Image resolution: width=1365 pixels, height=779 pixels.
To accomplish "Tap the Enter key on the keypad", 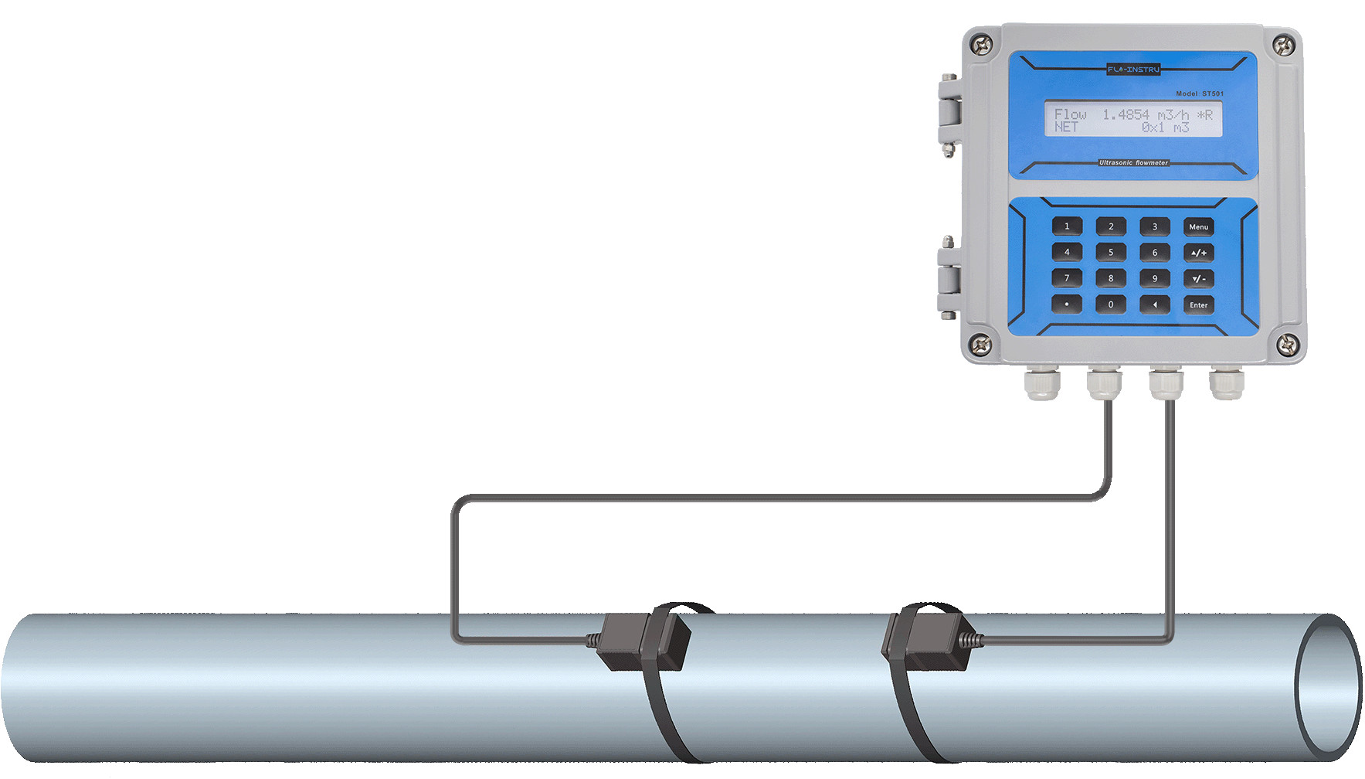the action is [1198, 304].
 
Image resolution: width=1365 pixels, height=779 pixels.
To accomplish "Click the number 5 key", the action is [1111, 252].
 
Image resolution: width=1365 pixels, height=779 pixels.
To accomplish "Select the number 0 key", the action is [1111, 304].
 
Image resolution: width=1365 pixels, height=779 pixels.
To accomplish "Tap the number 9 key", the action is [1155, 278].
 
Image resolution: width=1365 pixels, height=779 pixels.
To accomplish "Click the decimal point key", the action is [1067, 304].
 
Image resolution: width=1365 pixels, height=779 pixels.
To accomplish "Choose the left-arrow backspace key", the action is [1155, 304].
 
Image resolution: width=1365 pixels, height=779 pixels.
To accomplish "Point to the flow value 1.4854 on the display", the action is [1126, 114].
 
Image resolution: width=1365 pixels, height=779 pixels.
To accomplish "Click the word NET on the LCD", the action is [1066, 127].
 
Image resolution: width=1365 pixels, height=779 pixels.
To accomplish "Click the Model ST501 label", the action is [1199, 94].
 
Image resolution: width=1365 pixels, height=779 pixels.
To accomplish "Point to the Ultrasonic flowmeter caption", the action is [1133, 163].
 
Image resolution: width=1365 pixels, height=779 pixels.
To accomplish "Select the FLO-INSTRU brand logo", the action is [1133, 70].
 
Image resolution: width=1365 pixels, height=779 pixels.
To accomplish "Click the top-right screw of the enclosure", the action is [1283, 46].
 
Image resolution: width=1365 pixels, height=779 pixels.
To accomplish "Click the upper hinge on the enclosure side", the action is [949, 110].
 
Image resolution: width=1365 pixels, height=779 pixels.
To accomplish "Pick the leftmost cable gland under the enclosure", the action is [1041, 383].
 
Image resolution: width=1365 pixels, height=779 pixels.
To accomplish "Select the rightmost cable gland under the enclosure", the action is [1226, 383].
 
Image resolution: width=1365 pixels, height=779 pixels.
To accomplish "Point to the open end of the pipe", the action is [1327, 686].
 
